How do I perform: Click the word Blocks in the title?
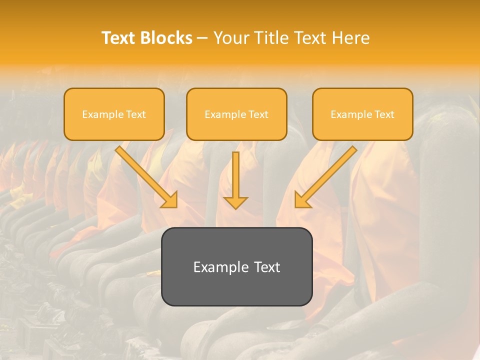click(x=166, y=38)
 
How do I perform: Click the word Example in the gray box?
click(x=214, y=267)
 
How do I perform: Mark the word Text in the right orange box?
click(x=384, y=114)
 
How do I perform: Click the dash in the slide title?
click(x=202, y=38)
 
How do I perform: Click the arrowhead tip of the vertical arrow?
click(x=235, y=208)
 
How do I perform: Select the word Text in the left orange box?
click(x=135, y=114)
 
